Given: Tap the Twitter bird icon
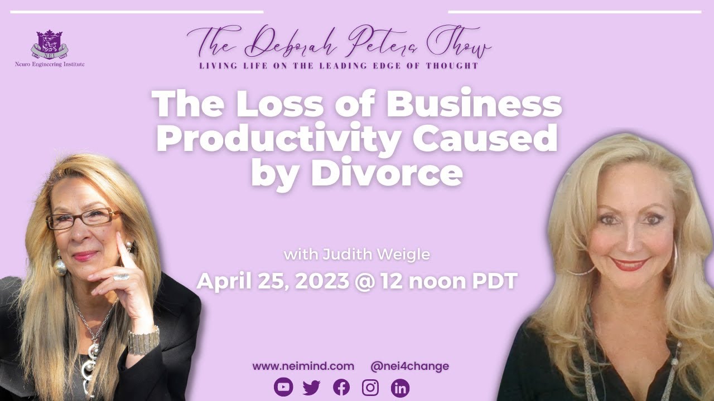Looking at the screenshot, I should (311, 387).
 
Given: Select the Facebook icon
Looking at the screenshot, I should (341, 387).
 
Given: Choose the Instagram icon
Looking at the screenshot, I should (370, 387).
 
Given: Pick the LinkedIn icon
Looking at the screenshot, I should (400, 387).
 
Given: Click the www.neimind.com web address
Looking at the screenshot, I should (303, 366).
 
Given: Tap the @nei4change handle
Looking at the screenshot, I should (409, 366).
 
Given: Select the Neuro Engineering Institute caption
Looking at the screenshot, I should (50, 65).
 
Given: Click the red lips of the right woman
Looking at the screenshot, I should (629, 263).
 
